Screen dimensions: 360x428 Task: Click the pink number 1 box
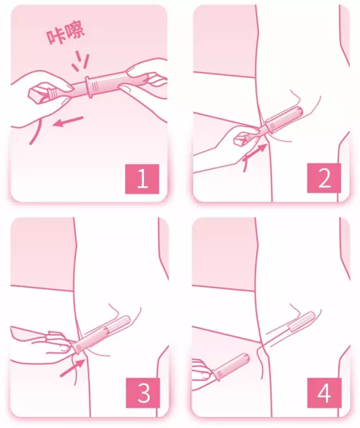pos(142,179)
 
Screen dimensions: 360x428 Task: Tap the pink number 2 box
pos(324,179)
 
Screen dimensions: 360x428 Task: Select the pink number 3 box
pos(143,393)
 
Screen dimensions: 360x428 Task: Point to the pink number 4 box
pos(324,393)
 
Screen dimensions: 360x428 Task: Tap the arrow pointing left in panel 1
pos(68,122)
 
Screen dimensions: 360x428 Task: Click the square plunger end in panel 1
pos(38,95)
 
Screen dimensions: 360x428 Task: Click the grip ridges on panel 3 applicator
pos(78,347)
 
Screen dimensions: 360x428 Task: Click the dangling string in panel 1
pos(36,132)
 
